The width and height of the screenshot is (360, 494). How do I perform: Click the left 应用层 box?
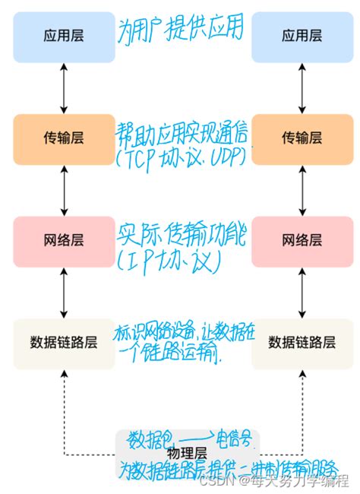pos(64,36)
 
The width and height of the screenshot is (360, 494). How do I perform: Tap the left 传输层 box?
pos(64,138)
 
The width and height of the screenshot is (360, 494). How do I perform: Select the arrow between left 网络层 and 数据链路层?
pos(64,292)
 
